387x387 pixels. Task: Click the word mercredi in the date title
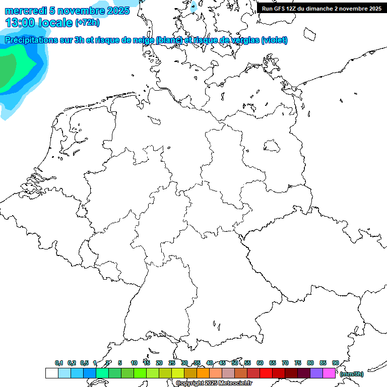pyautogui.click(x=26, y=11)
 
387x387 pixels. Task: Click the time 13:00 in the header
pyautogui.click(x=20, y=23)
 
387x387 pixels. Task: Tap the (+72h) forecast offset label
pyautogui.click(x=87, y=23)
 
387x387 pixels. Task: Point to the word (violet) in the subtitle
pyautogui.click(x=275, y=40)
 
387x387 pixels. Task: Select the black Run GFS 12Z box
pyautogui.click(x=321, y=8)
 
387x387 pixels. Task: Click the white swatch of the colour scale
pyautogui.click(x=51, y=373)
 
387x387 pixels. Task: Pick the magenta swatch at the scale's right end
pyautogui.click(x=329, y=373)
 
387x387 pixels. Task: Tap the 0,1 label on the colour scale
pyautogui.click(x=59, y=363)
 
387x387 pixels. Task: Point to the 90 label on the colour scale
pyautogui.click(x=336, y=363)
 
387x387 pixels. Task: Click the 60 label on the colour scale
pyautogui.click(x=260, y=363)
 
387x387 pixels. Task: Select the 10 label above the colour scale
pyautogui.click(x=134, y=363)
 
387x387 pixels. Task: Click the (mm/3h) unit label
pyautogui.click(x=352, y=374)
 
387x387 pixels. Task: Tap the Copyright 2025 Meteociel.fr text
pyautogui.click(x=214, y=383)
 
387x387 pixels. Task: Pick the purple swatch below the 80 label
pyautogui.click(x=316, y=373)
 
